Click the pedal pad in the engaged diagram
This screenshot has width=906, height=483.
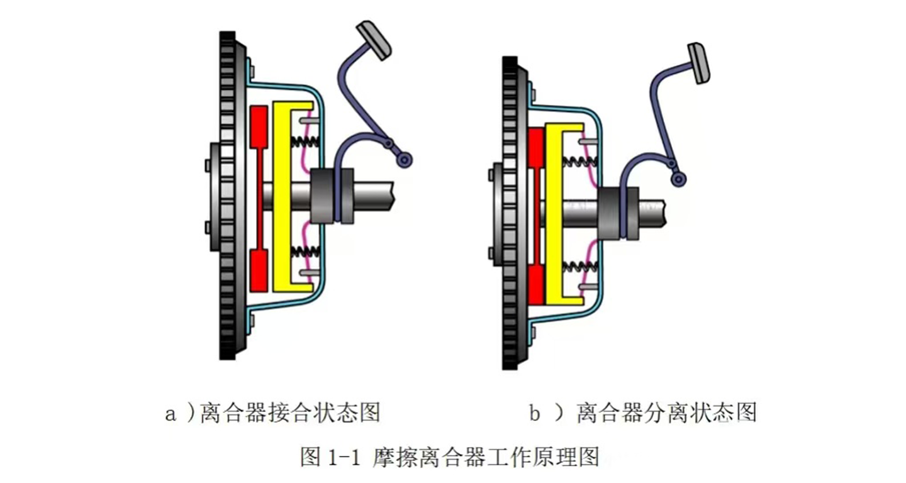373,40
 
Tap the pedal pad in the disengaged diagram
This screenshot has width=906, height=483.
698,63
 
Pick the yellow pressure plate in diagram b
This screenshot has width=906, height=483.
554,214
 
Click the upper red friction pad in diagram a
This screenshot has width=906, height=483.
259,126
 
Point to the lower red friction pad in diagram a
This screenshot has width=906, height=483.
259,270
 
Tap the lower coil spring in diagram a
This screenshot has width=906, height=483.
305,252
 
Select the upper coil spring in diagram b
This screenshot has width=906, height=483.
580,162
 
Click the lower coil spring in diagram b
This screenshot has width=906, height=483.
580,267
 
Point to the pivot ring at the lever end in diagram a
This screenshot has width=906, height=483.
404,160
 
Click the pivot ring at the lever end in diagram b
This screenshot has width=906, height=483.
678,179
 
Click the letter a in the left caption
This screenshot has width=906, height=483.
171,414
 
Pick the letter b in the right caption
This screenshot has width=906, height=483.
534,413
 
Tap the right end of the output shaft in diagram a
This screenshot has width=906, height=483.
393,196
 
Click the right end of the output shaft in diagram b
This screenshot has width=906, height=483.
664,213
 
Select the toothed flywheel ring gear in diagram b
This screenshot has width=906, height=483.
510,213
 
